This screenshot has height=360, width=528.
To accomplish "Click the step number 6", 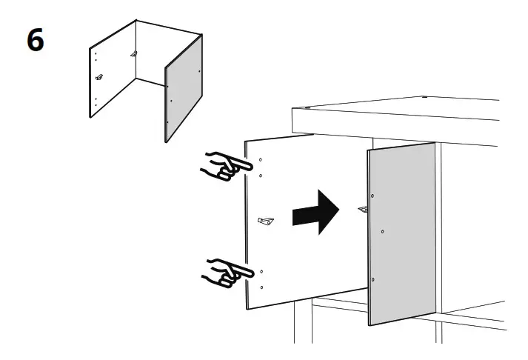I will pyautogui.click(x=35, y=40).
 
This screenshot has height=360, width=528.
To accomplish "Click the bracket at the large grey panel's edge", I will pyautogui.click(x=363, y=210).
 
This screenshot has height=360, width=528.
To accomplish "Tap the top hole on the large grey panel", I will pyautogui.click(x=372, y=196).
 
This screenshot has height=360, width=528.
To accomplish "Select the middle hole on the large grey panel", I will pyautogui.click(x=382, y=232).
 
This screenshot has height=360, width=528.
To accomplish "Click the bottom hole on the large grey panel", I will pyautogui.click(x=372, y=279).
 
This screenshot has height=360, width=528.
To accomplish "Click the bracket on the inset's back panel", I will pyautogui.click(x=134, y=53).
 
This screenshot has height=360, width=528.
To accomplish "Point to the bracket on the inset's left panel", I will pyautogui.click(x=99, y=76).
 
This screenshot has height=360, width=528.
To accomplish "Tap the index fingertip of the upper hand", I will pyautogui.click(x=244, y=164).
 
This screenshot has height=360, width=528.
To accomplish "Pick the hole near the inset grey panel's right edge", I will pyautogui.click(x=200, y=71).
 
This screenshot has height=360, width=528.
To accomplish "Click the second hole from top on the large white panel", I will pyautogui.click(x=261, y=176).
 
